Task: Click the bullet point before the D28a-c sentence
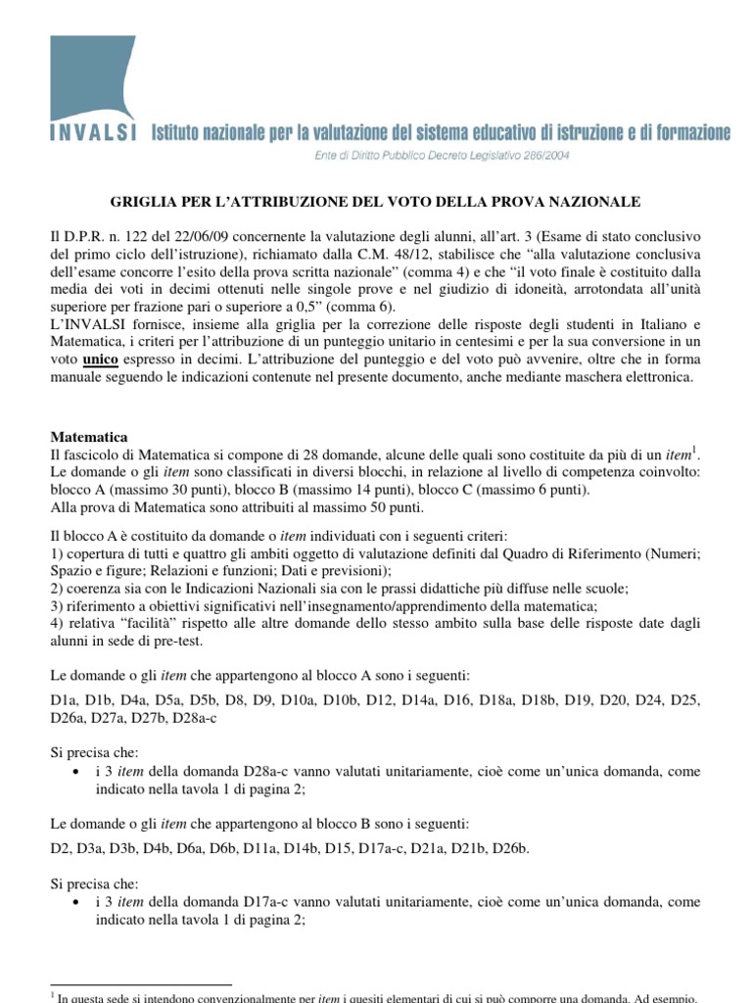coord(77,771)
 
